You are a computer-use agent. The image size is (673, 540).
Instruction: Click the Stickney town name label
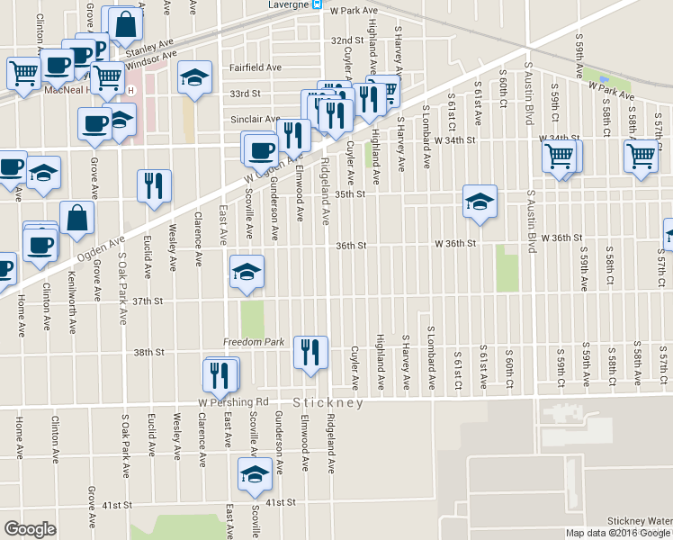point(328,403)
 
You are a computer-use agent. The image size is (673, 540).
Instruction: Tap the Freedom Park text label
point(254,343)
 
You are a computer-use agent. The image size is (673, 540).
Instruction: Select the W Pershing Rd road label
point(234,401)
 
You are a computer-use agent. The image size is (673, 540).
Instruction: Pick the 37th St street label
point(147,301)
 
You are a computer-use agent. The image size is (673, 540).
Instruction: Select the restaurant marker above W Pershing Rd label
point(221,373)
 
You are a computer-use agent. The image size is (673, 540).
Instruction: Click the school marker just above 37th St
point(247,273)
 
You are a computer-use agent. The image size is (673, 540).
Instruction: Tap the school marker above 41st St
point(255,473)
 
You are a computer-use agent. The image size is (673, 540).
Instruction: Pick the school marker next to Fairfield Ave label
point(193,77)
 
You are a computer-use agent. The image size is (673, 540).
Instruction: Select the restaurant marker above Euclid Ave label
point(153,185)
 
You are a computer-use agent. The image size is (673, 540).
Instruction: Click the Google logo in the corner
point(30,529)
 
